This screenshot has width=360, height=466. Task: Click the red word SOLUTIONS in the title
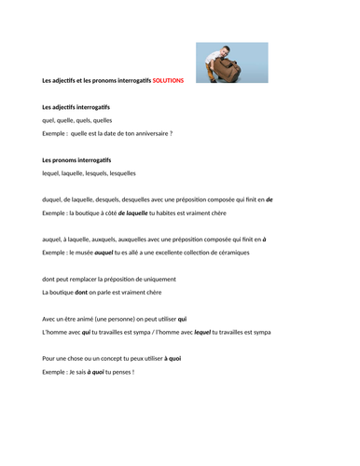tap(168, 80)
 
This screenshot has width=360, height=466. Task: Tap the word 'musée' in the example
tap(84, 253)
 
